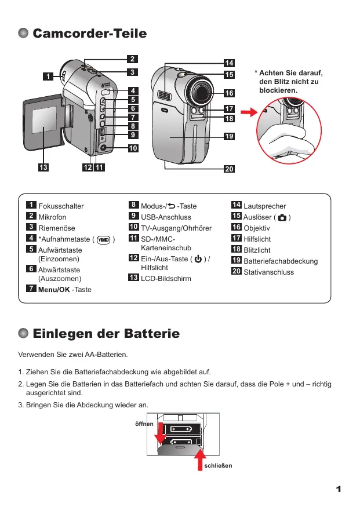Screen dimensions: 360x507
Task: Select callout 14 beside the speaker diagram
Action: [230, 63]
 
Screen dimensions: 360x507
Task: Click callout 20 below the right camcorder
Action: [230, 169]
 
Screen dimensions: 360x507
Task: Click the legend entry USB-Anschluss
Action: [166, 217]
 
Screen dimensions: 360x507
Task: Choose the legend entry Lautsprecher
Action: [265, 206]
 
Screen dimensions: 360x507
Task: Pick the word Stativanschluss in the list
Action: [269, 272]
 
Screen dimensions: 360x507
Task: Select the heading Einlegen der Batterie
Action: [106, 334]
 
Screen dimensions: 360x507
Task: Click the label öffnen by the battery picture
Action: [144, 424]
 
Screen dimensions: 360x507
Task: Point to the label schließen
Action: [218, 465]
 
